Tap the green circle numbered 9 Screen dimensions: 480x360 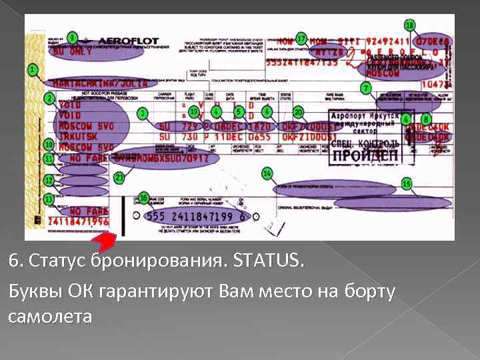pos(72,37)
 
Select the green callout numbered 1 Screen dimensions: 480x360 pos(31,69)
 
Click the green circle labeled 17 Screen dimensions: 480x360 pos(301,38)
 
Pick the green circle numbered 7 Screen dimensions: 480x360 pos(365,88)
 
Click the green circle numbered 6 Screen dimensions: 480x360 pos(267,111)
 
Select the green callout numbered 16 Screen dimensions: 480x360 pos(143,198)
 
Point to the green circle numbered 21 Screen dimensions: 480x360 pos(119,178)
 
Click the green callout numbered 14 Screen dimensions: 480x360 pos(267,173)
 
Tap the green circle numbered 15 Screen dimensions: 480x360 pos(406,183)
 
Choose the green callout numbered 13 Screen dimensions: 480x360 pos(49,199)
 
